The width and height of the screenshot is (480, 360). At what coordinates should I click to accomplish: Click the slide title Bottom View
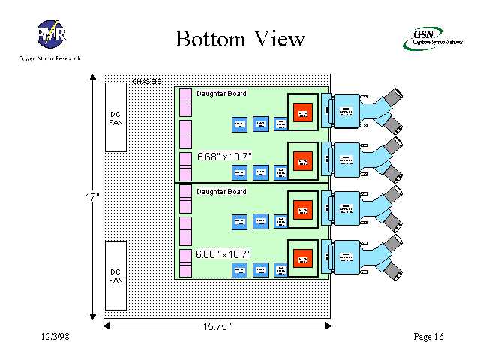click(240, 38)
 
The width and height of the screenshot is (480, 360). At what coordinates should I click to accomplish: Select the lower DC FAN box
click(115, 275)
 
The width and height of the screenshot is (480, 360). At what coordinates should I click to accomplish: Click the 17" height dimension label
click(91, 197)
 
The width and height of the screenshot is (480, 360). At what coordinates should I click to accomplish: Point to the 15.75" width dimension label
click(217, 326)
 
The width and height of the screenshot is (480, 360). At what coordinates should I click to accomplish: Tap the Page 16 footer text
click(428, 337)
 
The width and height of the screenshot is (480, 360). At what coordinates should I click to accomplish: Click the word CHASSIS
click(146, 80)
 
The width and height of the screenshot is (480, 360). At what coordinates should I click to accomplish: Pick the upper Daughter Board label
click(221, 94)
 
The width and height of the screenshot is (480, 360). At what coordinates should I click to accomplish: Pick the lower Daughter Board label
click(221, 192)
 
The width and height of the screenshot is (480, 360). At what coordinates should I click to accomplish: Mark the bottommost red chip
click(302, 256)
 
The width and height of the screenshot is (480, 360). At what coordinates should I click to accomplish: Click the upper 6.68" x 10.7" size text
click(224, 157)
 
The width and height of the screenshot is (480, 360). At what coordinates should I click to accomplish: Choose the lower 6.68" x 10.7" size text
click(223, 254)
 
